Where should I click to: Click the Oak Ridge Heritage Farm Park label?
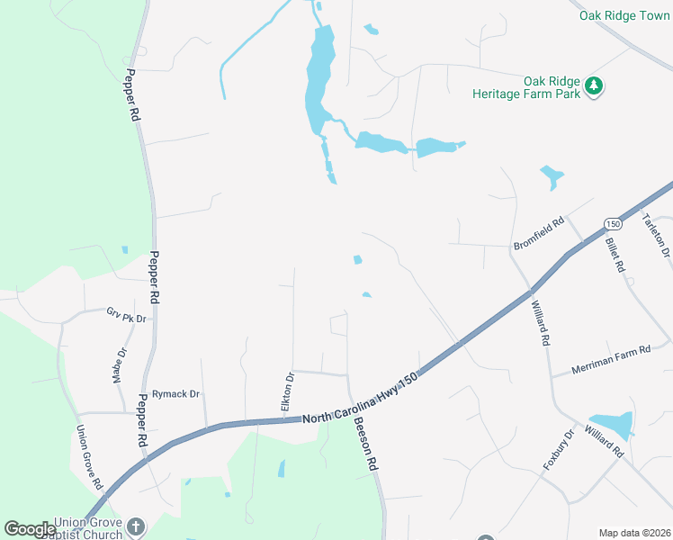(527, 85)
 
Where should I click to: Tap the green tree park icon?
(593, 86)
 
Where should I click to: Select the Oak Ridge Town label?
(624, 15)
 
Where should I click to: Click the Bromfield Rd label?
(538, 233)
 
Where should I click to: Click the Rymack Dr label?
(175, 394)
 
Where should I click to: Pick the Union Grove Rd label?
(88, 457)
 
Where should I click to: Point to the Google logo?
(30, 529)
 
